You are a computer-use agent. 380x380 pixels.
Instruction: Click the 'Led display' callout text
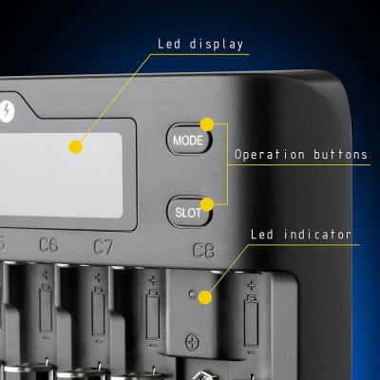point(200,44)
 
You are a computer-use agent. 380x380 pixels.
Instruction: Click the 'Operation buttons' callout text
point(301,155)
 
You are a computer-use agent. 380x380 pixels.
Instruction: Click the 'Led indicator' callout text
point(301,235)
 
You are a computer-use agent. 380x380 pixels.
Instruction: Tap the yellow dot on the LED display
point(76,147)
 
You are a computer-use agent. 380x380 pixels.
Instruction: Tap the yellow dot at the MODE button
point(207,124)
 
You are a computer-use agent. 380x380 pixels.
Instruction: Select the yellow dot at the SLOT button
point(207,204)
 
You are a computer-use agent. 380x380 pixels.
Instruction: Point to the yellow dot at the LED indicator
point(205,297)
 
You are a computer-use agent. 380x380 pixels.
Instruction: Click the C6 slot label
point(48,245)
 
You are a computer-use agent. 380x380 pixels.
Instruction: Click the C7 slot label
point(103,247)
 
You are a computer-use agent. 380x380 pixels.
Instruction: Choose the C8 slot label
point(203,250)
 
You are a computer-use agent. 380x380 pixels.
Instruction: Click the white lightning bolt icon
point(6,111)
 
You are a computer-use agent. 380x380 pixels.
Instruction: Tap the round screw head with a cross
point(192,342)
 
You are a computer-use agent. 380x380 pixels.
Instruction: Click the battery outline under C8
point(251,320)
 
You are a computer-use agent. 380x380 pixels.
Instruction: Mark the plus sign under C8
point(252,286)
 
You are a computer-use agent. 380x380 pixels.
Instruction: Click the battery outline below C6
point(46,308)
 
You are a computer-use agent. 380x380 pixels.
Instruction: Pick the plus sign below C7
point(99,278)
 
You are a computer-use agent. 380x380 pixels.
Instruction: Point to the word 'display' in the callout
point(217,45)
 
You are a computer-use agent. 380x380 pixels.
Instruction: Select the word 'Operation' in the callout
point(270,155)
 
